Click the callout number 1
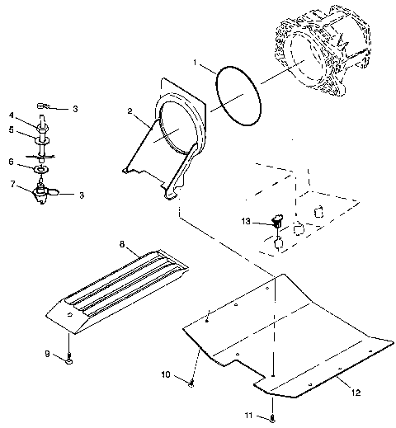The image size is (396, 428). point(196,62)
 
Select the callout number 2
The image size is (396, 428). point(130,110)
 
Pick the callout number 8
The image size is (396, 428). point(122,244)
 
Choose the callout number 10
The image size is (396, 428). point(165,374)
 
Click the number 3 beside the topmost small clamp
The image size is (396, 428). point(75,108)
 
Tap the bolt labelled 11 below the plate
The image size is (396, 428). point(272,417)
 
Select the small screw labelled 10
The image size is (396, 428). point(191,381)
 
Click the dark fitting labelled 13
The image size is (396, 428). point(277,220)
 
